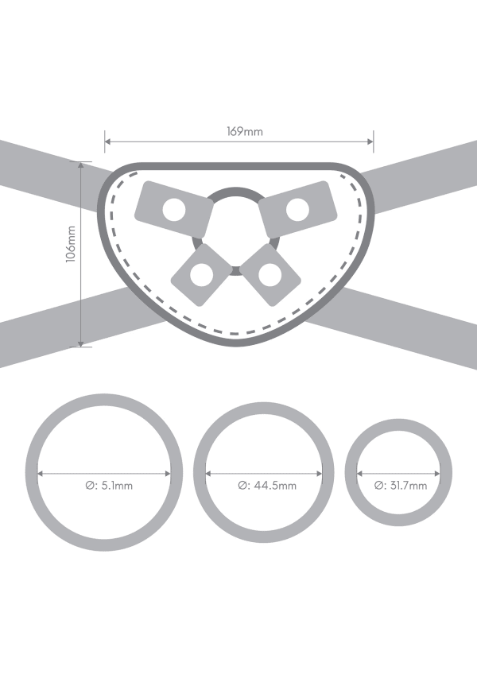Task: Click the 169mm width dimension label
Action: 245,131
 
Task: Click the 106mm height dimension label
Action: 71,244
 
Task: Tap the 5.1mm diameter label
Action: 109,486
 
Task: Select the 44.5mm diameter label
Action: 267,486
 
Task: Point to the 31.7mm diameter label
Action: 401,486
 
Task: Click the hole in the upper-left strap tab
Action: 174,210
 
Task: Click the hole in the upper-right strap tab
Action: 297,210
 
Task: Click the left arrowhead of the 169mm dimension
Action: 107,141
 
